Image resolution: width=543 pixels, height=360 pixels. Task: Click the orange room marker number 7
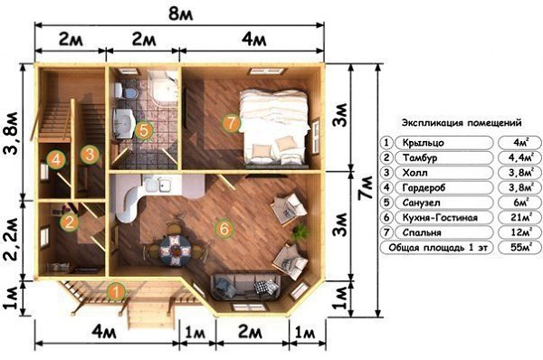pyautogui.click(x=232, y=123)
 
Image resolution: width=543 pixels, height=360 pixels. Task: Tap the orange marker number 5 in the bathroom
pyautogui.click(x=144, y=131)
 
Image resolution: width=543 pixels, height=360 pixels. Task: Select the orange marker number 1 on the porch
pyautogui.click(x=116, y=292)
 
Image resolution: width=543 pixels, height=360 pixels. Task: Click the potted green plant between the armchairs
pyautogui.click(x=300, y=232)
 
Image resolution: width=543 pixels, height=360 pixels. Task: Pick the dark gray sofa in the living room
pyautogui.click(x=246, y=286)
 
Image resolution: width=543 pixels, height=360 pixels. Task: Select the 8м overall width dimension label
pyautogui.click(x=180, y=14)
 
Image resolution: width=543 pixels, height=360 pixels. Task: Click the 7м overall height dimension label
pyautogui.click(x=366, y=187)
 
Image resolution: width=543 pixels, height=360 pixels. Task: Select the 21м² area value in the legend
pyautogui.click(x=520, y=217)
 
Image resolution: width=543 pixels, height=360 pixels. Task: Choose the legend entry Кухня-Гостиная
pyautogui.click(x=440, y=218)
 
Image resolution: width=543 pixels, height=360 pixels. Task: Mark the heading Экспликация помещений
pyautogui.click(x=462, y=122)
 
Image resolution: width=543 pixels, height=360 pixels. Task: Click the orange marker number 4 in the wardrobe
pyautogui.click(x=56, y=159)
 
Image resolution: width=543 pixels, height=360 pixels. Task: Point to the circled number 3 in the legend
pyautogui.click(x=386, y=173)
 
